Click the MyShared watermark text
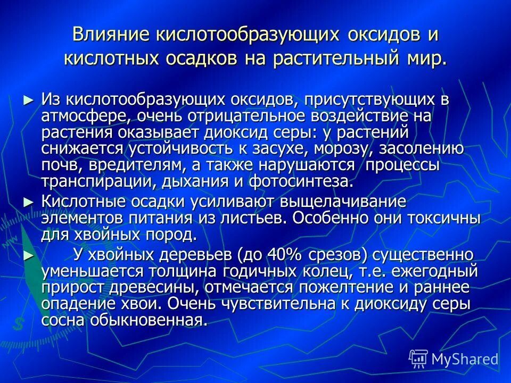pyautogui.click(x=464, y=359)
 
